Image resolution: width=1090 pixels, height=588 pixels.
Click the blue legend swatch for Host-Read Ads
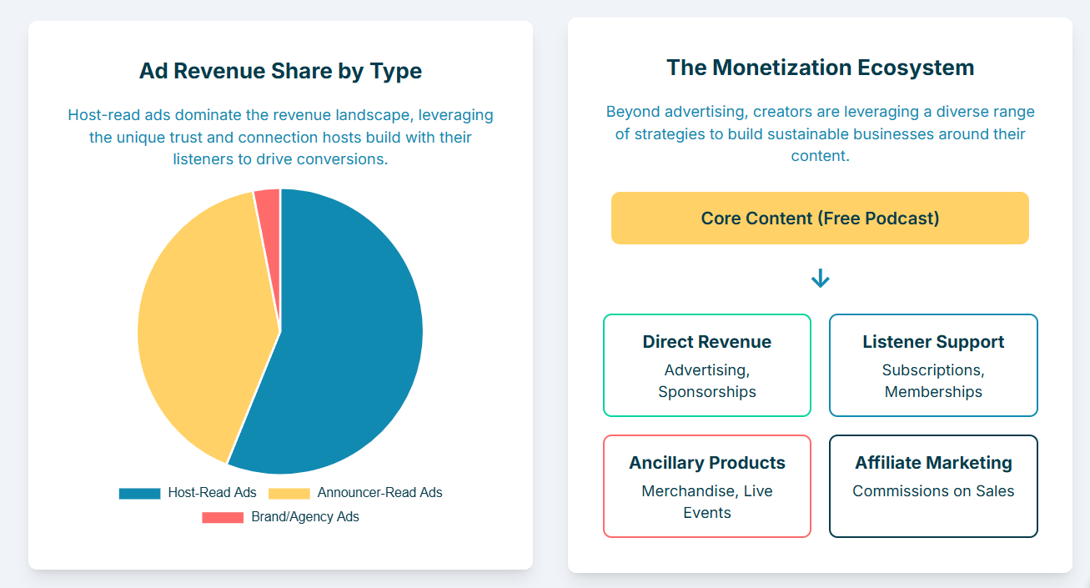(x=139, y=493)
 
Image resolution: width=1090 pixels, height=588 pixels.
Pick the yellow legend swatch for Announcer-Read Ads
(x=289, y=493)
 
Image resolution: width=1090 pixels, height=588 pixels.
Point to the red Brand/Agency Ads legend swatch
(x=223, y=517)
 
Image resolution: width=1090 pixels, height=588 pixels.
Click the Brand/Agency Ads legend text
(x=305, y=517)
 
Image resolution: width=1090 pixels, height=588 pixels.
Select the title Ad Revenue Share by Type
(x=280, y=71)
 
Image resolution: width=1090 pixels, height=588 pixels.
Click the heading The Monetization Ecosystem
(x=821, y=68)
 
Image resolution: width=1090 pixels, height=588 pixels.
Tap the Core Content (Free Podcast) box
(x=820, y=218)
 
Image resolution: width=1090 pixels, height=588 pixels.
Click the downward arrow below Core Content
(x=821, y=279)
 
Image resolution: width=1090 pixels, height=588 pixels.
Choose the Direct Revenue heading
(x=707, y=342)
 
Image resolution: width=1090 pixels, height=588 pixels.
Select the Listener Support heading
(x=933, y=342)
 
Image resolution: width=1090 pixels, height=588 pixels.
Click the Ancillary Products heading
(x=707, y=463)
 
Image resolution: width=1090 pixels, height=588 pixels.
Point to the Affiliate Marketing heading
(x=933, y=463)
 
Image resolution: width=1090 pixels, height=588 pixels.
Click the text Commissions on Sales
(x=933, y=491)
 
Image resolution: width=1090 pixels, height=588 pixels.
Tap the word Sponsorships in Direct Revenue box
(x=707, y=392)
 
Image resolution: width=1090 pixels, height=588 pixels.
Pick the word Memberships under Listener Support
(x=933, y=392)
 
